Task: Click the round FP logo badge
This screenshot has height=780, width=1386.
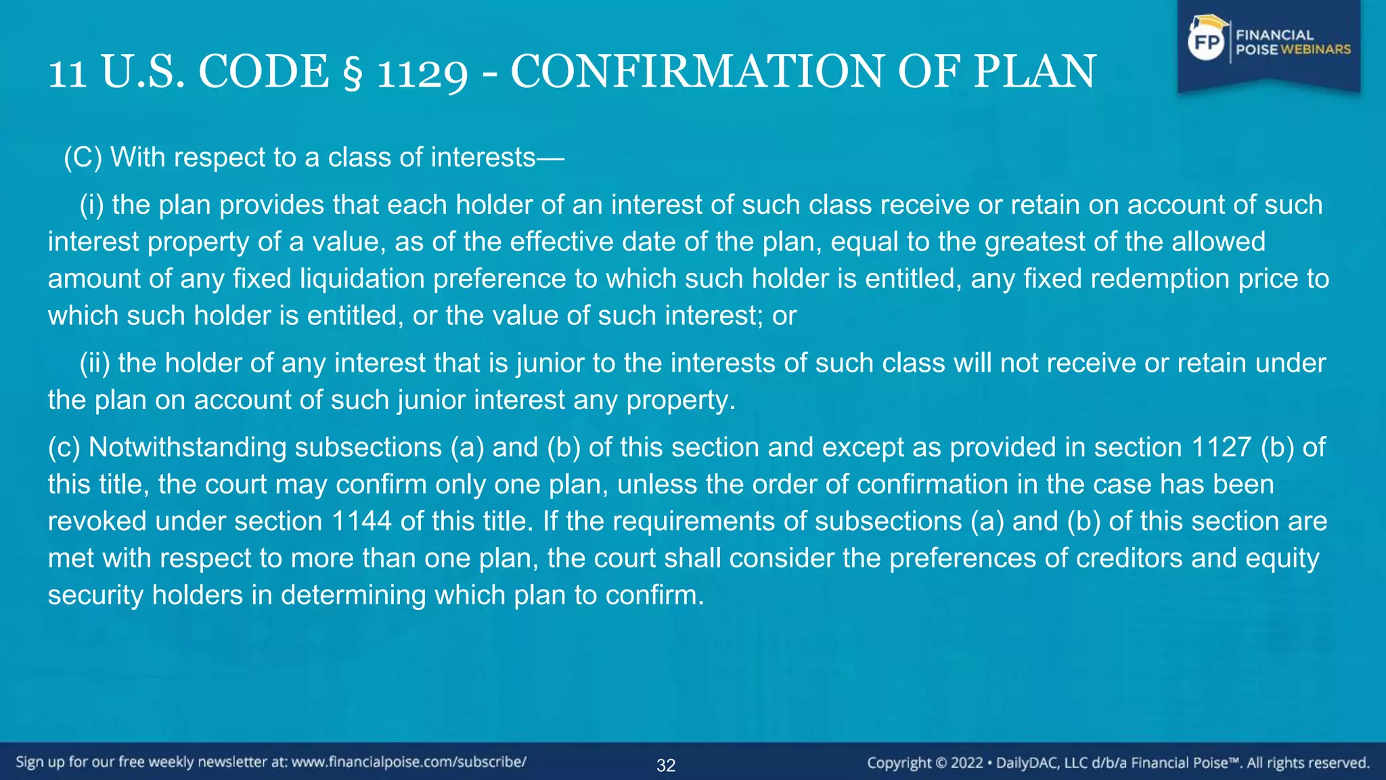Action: coord(1207,43)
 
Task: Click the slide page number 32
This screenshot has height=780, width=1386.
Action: coord(666,765)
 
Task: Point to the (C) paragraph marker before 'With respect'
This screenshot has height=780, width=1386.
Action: coord(83,157)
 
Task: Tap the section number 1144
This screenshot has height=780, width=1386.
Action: coord(362,521)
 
